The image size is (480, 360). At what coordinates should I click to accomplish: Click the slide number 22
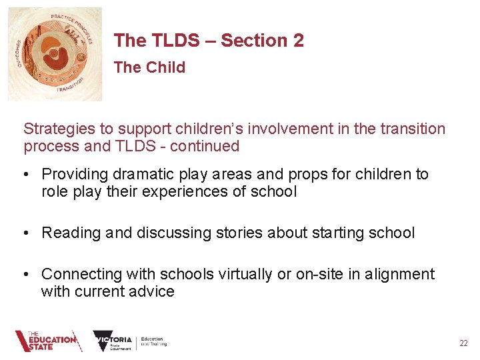coord(463,343)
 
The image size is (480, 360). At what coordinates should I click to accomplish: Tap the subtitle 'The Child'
coord(149,67)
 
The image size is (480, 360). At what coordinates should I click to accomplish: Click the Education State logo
coord(47,341)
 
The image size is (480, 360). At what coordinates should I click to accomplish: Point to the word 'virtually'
coord(241,274)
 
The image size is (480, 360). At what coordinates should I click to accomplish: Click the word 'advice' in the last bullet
coord(152,291)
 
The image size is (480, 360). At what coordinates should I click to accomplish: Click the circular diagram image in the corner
coord(55,54)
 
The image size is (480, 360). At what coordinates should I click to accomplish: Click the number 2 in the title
coord(298,41)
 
